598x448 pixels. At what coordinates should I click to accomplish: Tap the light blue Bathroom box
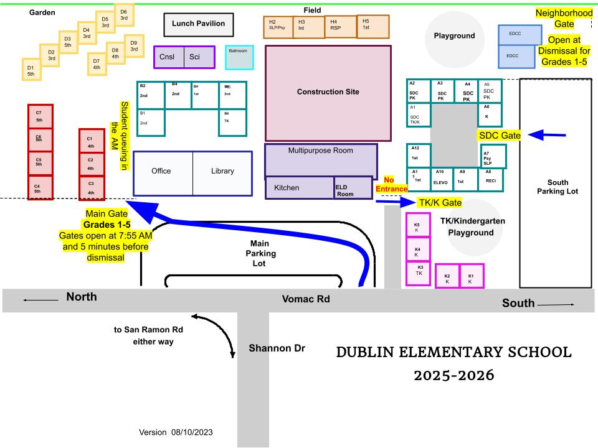[239, 57]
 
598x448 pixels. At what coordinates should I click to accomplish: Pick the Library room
[222, 171]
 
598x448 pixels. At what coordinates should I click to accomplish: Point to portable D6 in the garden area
[123, 15]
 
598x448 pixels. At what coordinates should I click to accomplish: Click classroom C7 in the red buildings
[40, 116]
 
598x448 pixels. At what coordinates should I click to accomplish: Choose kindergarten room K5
[417, 227]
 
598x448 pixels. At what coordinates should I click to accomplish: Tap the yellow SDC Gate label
[499, 134]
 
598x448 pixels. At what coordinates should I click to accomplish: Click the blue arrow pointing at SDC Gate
[546, 134]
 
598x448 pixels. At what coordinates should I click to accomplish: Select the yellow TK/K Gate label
[440, 203]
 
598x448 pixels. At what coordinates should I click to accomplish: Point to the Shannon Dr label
[277, 348]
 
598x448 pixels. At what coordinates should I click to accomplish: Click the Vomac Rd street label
[306, 299]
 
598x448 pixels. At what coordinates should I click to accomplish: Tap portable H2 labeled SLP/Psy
[278, 27]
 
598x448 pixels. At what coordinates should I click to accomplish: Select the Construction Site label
[328, 92]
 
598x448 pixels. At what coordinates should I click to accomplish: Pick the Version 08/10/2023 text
[179, 432]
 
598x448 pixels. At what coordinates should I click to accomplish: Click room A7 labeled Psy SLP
[493, 157]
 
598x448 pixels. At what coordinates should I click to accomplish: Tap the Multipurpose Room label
[320, 151]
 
